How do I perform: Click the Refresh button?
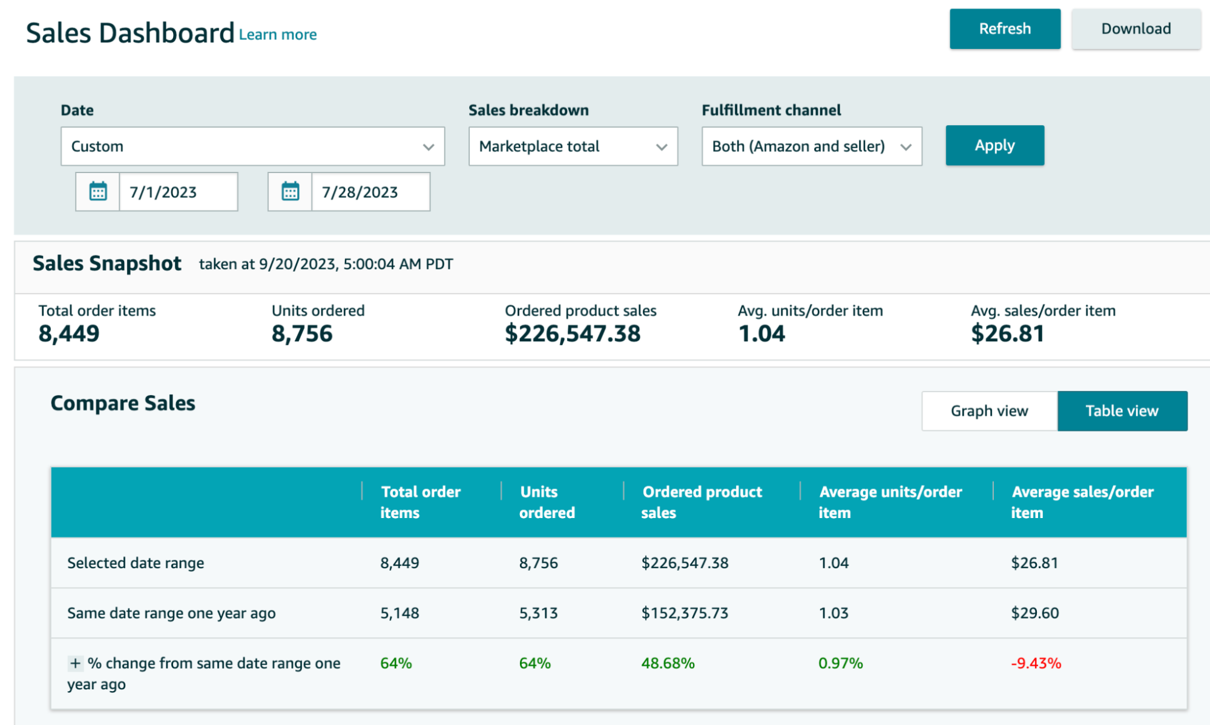click(x=1004, y=28)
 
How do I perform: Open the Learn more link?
click(x=277, y=34)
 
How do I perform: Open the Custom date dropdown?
click(x=252, y=146)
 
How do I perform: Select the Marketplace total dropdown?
click(x=573, y=146)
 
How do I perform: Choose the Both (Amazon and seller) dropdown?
click(x=811, y=146)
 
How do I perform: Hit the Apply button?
click(x=994, y=145)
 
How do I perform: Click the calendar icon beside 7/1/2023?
click(x=98, y=192)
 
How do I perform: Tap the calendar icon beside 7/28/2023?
click(x=290, y=192)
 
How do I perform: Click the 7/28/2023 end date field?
click(x=370, y=192)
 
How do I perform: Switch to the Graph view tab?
click(x=989, y=411)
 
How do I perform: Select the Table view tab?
click(x=1122, y=411)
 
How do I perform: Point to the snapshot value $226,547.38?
click(x=572, y=333)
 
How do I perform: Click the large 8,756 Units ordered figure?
click(x=302, y=333)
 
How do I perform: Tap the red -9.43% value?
click(x=1036, y=663)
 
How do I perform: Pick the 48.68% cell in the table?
click(x=668, y=663)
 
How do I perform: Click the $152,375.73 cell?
click(x=685, y=613)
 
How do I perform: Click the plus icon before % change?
click(x=75, y=663)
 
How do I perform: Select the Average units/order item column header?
click(x=890, y=502)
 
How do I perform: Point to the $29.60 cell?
click(x=1034, y=613)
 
